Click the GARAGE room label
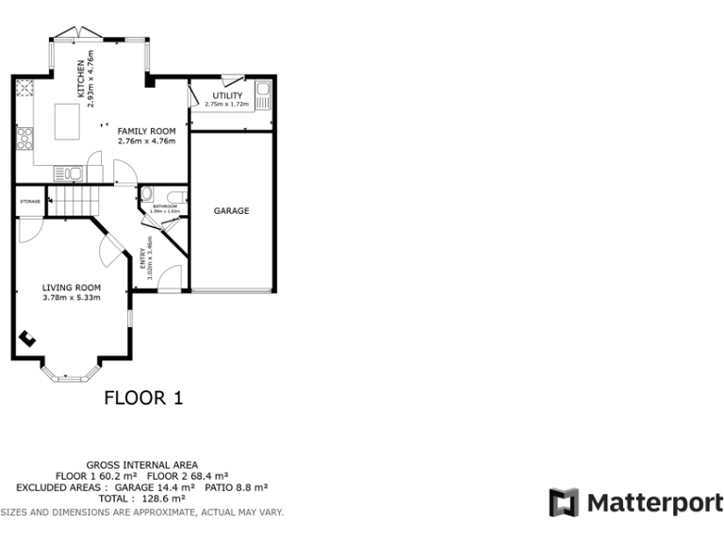click(x=231, y=211)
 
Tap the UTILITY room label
click(x=227, y=96)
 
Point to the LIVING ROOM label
click(x=71, y=288)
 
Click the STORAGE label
click(x=30, y=201)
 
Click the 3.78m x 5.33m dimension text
click(x=71, y=298)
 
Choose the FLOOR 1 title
click(x=142, y=399)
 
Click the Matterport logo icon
click(x=564, y=502)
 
